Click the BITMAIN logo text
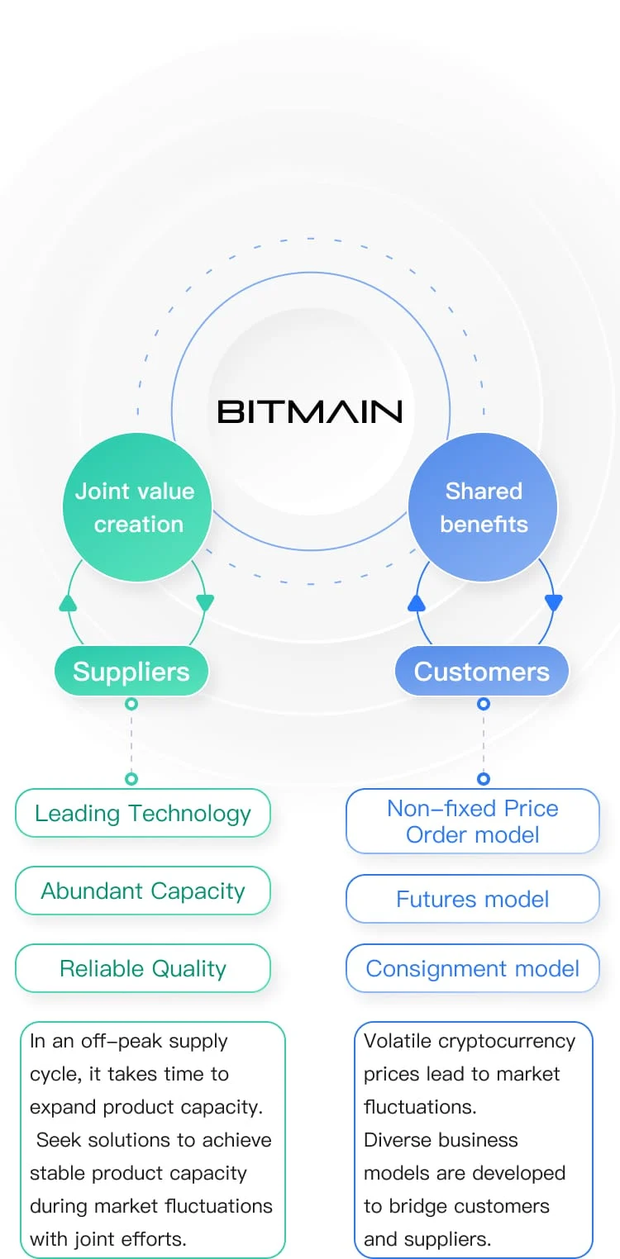click(309, 411)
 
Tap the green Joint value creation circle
click(137, 507)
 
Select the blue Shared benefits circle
click(483, 507)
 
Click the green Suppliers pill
click(131, 672)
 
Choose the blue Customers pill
click(482, 672)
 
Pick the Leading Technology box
click(143, 813)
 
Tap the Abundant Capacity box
click(143, 891)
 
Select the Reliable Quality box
click(143, 968)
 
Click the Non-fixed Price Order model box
click(472, 821)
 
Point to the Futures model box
click(472, 899)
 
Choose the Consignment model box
click(472, 968)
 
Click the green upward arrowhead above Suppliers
click(68, 603)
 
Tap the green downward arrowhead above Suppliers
click(205, 603)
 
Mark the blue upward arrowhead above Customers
click(417, 603)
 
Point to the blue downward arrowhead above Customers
click(554, 603)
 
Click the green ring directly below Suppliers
click(131, 704)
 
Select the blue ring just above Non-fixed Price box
click(484, 778)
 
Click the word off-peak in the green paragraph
click(116, 1041)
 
